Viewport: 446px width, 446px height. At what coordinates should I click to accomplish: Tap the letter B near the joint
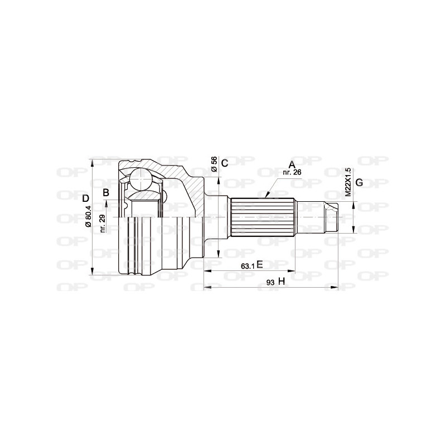pos(105,193)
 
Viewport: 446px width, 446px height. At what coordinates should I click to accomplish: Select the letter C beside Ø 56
pos(224,163)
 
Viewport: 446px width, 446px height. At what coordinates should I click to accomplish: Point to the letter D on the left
pos(85,198)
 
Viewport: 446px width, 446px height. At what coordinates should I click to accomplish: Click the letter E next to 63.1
pos(260,265)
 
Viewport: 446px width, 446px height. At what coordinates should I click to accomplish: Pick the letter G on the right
pos(359,183)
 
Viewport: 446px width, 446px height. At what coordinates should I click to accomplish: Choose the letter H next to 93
pos(282,282)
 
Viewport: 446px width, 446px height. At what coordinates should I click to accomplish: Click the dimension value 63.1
pos(248,266)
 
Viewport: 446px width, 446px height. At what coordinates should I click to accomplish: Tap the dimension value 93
pos(270,283)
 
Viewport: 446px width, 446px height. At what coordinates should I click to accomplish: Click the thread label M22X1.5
pos(348,182)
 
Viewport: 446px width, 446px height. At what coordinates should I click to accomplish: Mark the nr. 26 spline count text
pos(293,172)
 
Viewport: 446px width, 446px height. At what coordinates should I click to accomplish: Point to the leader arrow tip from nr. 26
pos(267,197)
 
